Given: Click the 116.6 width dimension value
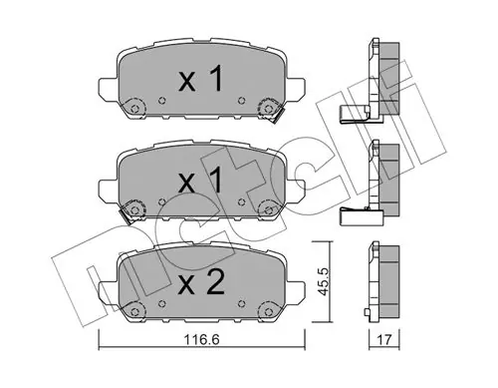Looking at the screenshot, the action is click(202, 340).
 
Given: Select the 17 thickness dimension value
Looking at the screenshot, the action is click(384, 340).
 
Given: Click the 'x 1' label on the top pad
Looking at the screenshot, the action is click(200, 79).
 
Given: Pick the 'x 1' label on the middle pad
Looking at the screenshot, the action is click(200, 180).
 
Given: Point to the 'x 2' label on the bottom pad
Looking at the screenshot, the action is click(201, 281).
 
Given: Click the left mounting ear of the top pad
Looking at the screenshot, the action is click(109, 90).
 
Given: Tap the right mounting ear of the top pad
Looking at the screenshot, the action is click(295, 90).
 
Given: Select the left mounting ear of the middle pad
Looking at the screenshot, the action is click(109, 192).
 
